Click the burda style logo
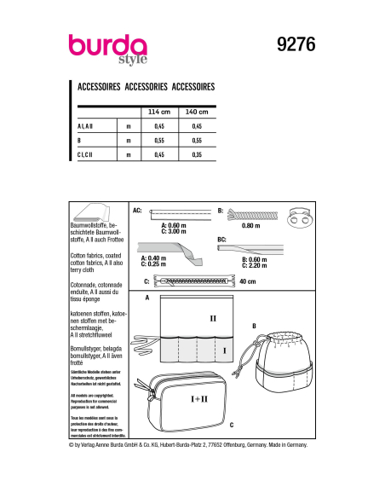tap(109, 48)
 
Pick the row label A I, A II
tap(89, 126)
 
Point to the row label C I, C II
tap(89, 155)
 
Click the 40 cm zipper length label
tap(249, 281)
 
